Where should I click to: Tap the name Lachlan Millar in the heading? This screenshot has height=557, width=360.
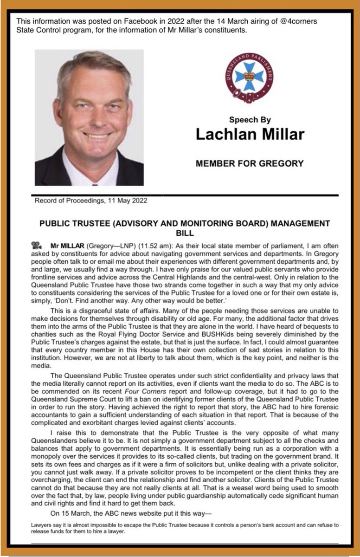(250, 134)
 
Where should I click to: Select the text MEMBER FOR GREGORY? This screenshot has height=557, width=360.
(250, 163)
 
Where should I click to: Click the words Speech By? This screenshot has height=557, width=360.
(250, 120)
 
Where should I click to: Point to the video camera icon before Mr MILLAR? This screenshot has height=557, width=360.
(36, 244)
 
